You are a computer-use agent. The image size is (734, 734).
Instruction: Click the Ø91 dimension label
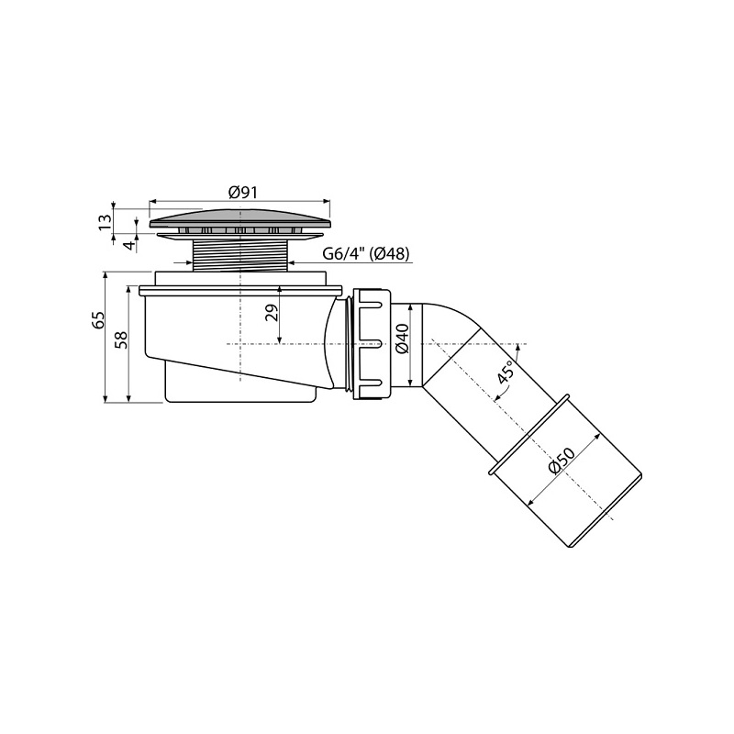(243, 192)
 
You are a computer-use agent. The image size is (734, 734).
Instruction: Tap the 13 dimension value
(105, 221)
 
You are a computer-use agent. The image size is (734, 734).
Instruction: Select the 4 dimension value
(130, 244)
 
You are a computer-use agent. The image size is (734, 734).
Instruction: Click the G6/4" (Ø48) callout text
(366, 254)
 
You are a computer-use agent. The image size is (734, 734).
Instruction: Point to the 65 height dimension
(98, 320)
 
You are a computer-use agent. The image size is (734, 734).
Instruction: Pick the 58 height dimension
(121, 340)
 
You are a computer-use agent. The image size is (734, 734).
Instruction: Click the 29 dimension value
(272, 312)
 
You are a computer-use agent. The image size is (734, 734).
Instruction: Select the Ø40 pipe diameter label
(403, 338)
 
